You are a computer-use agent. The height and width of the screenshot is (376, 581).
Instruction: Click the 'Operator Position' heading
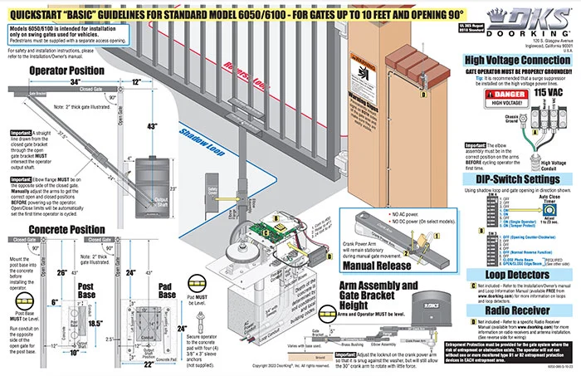click(x=66, y=71)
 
